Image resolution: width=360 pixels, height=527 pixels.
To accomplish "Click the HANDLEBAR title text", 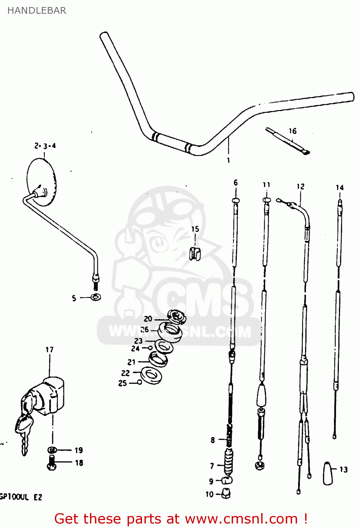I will point(37,11).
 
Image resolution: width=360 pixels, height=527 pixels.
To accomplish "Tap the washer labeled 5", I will point(95,297).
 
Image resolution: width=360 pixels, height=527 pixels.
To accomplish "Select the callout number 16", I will point(292,131).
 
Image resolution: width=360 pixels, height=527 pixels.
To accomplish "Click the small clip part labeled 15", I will point(195,253).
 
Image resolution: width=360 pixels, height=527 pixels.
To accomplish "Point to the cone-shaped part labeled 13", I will point(328,473).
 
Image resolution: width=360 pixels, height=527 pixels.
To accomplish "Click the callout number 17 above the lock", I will point(49,350).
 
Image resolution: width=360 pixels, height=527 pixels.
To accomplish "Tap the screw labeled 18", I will point(51,463).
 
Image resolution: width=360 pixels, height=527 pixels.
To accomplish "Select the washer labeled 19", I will point(52,450).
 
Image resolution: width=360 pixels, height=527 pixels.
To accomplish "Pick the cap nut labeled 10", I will point(226,493).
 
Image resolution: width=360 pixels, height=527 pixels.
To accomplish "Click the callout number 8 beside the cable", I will point(213,440).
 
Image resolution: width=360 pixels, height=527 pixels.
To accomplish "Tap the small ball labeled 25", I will point(140,382).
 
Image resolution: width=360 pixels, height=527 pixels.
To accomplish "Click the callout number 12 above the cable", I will point(300,186).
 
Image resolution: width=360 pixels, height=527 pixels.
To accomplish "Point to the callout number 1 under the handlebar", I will point(229,160).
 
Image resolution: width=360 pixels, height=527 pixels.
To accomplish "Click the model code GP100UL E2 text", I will point(21,497).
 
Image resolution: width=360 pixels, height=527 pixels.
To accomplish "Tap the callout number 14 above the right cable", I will point(340,187).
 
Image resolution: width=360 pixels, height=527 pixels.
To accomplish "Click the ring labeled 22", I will point(152,375).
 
